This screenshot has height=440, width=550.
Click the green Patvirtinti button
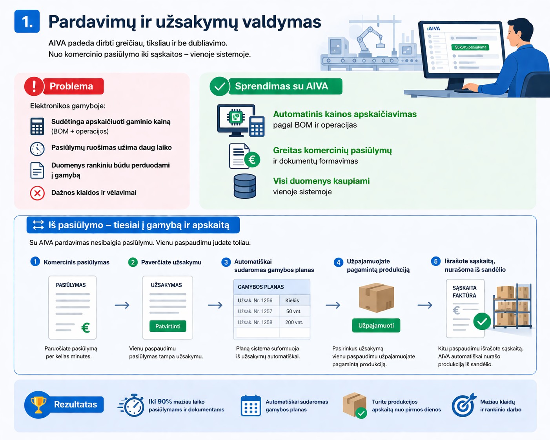coord(168,326)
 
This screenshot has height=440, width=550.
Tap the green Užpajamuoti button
coord(376,325)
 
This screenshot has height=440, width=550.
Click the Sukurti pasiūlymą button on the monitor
coord(470,47)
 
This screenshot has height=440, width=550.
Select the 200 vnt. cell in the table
coord(294,322)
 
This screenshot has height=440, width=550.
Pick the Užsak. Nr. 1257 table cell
coord(255,311)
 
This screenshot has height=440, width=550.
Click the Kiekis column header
coord(292,300)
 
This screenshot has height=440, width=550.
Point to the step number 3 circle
coord(226,262)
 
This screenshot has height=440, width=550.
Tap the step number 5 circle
coord(435,262)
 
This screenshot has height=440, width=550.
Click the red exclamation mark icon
coord(34,86)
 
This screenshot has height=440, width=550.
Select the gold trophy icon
coord(38,404)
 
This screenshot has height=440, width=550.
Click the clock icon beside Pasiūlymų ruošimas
coord(37,149)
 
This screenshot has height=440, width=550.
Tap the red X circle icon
coord(37,193)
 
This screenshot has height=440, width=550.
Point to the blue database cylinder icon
coord(245,186)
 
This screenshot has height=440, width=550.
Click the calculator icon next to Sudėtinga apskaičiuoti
coord(37,126)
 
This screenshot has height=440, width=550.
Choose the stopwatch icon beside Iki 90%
coord(133,405)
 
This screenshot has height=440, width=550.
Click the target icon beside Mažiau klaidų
coord(463,405)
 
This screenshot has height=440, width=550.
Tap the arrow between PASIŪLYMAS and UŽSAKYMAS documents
coord(122,305)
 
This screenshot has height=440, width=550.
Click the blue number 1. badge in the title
coord(27,22)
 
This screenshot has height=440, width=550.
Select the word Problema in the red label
coord(71,86)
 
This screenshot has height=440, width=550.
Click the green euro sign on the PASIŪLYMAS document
coord(86,327)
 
